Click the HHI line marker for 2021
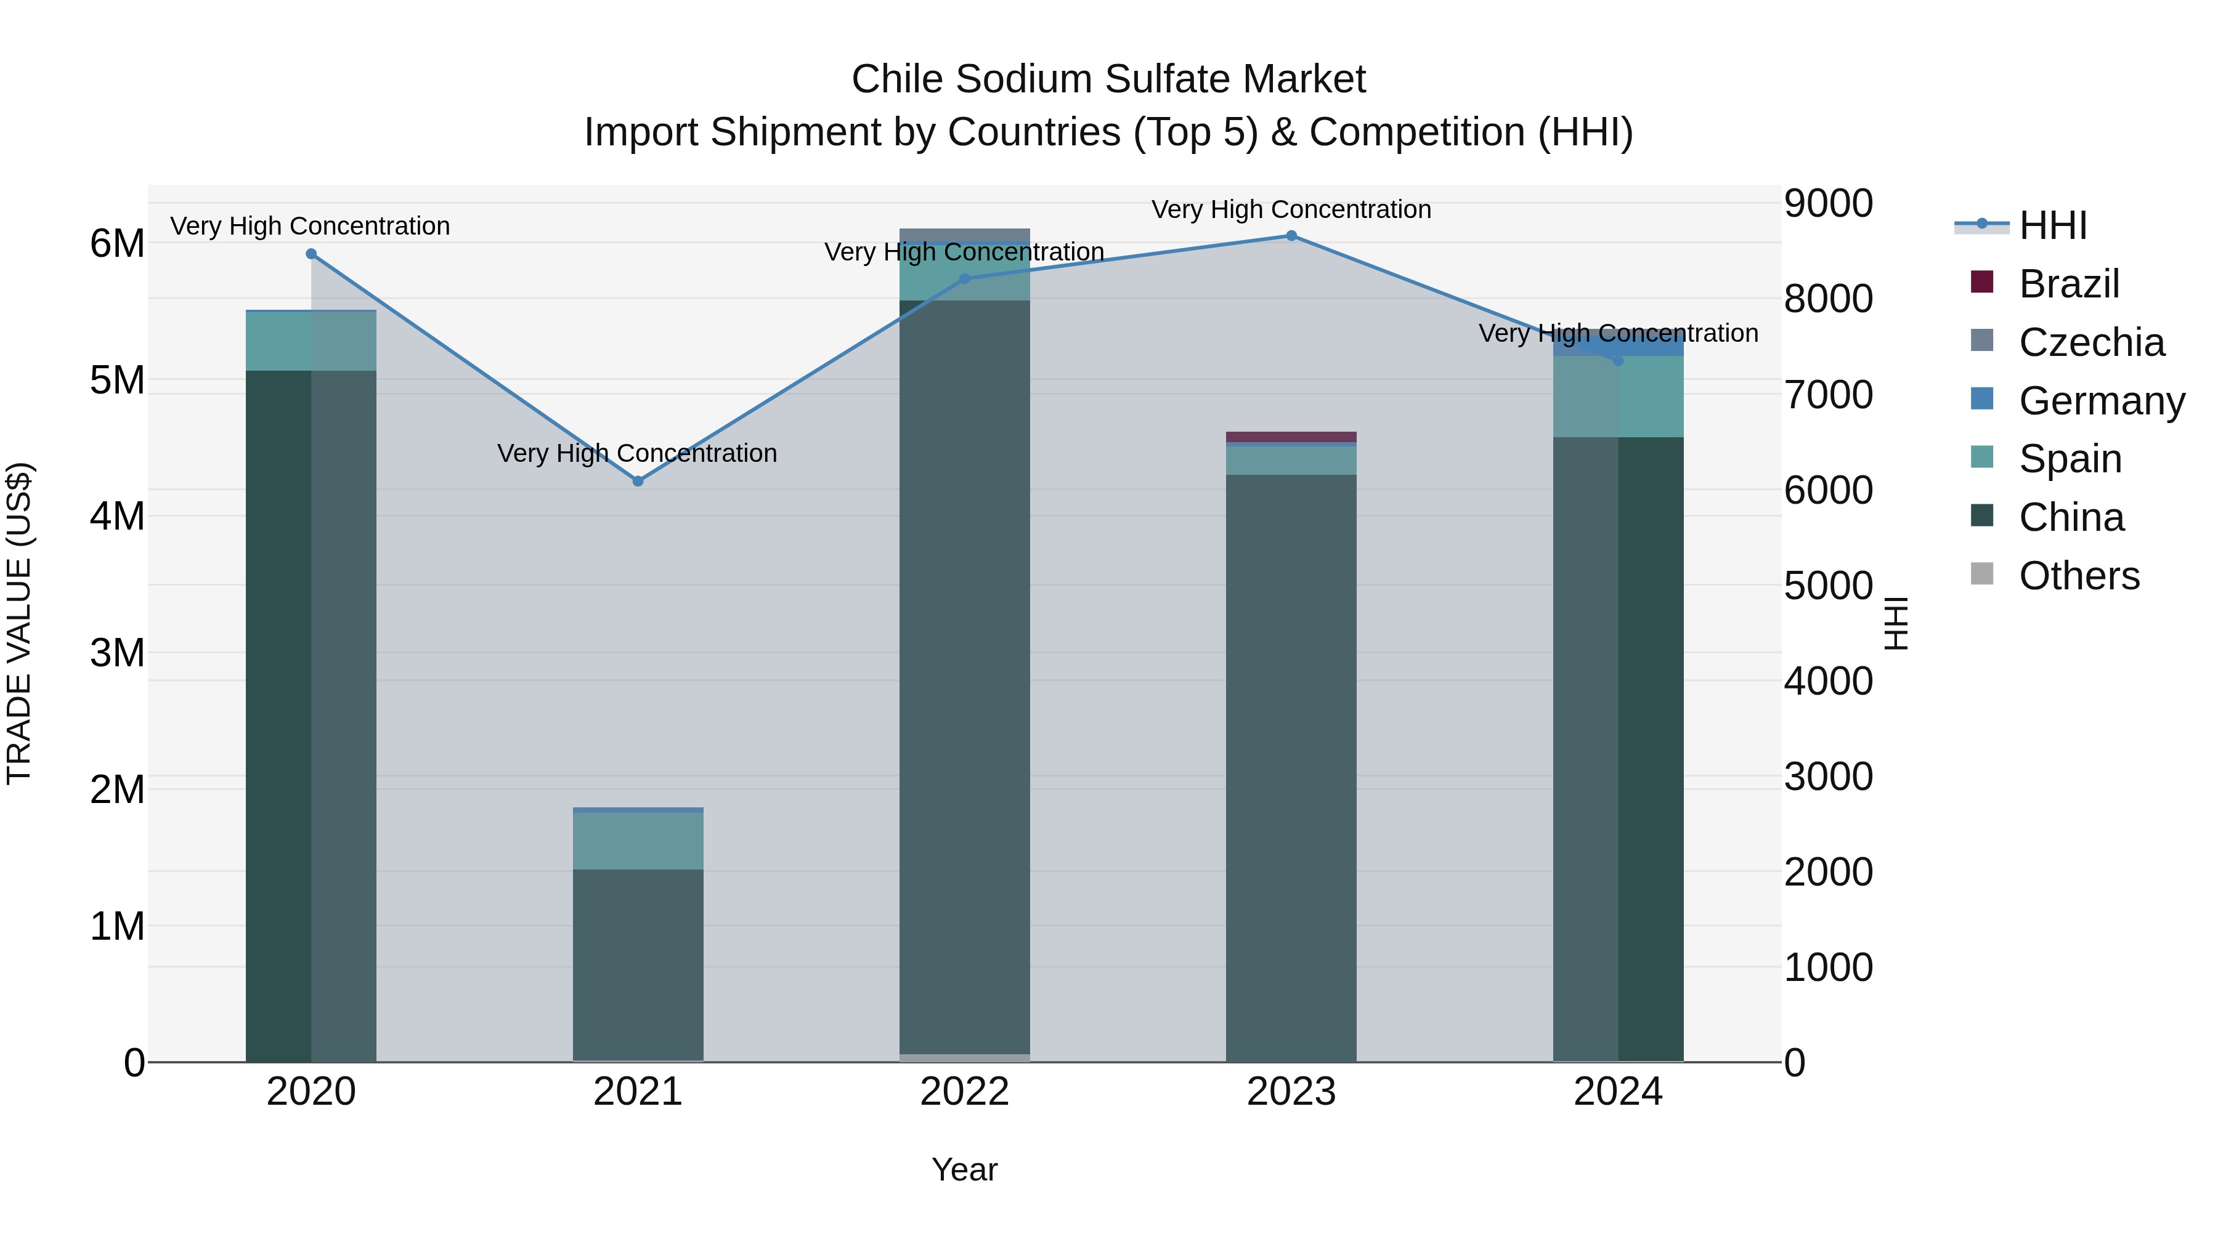pyautogui.click(x=638, y=481)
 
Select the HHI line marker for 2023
pyautogui.click(x=1291, y=236)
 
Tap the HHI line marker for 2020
pyautogui.click(x=312, y=254)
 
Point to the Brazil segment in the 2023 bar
pyautogui.click(x=1291, y=437)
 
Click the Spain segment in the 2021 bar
pyautogui.click(x=638, y=841)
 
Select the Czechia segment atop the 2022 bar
pyautogui.click(x=964, y=235)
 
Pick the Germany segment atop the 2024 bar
pyautogui.click(x=1618, y=344)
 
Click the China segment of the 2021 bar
pyautogui.click(x=638, y=964)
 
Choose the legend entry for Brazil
pyautogui.click(x=2068, y=284)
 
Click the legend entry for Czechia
pyautogui.click(x=2090, y=342)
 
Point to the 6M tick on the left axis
pyautogui.click(x=117, y=243)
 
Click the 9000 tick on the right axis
pyautogui.click(x=1828, y=204)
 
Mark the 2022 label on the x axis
pyautogui.click(x=964, y=1092)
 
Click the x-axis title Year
pyautogui.click(x=964, y=1169)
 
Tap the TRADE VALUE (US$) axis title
pyautogui.click(x=19, y=623)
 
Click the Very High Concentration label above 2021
pyautogui.click(x=637, y=453)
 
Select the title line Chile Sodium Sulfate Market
pyautogui.click(x=1108, y=79)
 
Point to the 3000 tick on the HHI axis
pyautogui.click(x=1828, y=777)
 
